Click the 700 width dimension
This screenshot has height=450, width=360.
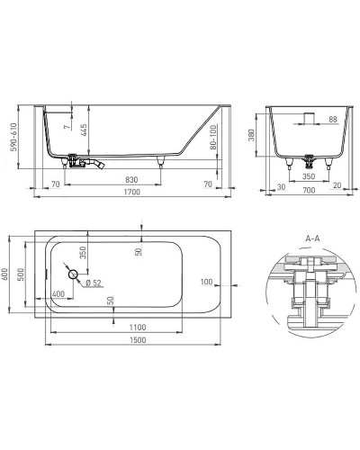(308, 191)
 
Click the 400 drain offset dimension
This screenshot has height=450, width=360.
(59, 295)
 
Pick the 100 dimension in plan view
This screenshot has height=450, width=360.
(209, 283)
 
